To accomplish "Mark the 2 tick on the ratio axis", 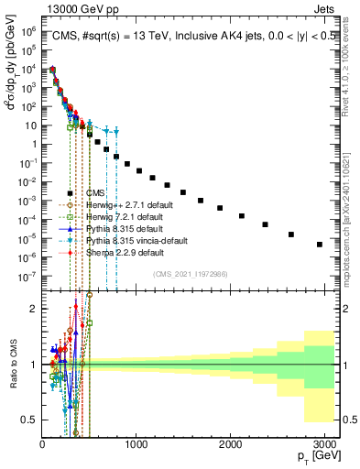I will (x=33, y=309).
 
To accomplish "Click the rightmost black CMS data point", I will (x=319, y=245).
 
